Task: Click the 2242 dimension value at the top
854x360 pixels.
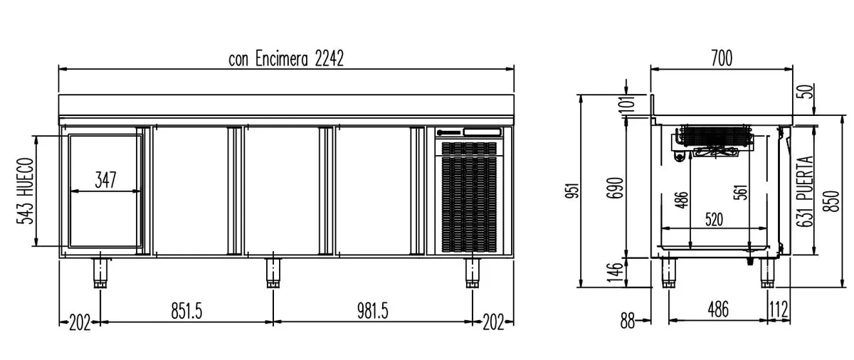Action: click(x=330, y=58)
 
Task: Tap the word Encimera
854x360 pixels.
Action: click(x=281, y=58)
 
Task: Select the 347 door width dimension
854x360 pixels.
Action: click(x=105, y=180)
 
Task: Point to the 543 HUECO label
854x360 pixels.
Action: click(x=25, y=191)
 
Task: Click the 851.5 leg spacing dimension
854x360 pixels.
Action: click(x=186, y=311)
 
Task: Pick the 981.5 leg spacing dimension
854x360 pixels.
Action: click(x=372, y=311)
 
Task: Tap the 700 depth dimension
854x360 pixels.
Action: click(x=722, y=58)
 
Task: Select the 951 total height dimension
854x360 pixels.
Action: click(x=573, y=191)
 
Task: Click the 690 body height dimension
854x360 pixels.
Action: click(x=615, y=188)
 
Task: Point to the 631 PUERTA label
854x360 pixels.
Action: click(x=805, y=191)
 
